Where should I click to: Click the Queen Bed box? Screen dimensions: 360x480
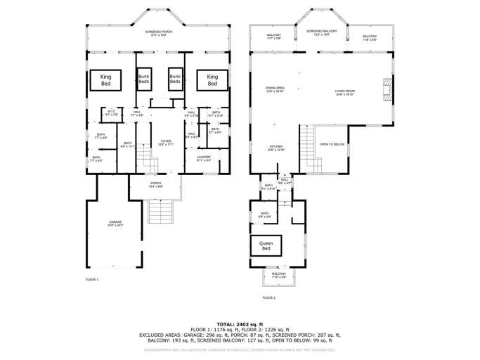coord(266,245)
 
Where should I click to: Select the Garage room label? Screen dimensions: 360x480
coord(115,224)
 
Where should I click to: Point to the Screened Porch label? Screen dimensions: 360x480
coord(159,33)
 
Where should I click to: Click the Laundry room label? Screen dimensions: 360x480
coord(204,158)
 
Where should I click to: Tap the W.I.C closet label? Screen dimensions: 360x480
coord(112,112)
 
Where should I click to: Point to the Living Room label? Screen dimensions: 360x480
coord(344,91)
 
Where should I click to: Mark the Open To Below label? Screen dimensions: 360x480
coord(332,144)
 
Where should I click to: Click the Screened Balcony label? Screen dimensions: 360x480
coord(321,32)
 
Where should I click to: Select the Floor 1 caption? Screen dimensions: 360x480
coord(92,280)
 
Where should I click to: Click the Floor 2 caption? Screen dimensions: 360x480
coord(268,297)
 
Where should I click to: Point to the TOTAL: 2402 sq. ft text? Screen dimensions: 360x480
coord(240,324)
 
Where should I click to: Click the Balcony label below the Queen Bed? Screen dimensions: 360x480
coord(279,276)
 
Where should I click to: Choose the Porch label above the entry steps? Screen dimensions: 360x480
coord(155,186)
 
